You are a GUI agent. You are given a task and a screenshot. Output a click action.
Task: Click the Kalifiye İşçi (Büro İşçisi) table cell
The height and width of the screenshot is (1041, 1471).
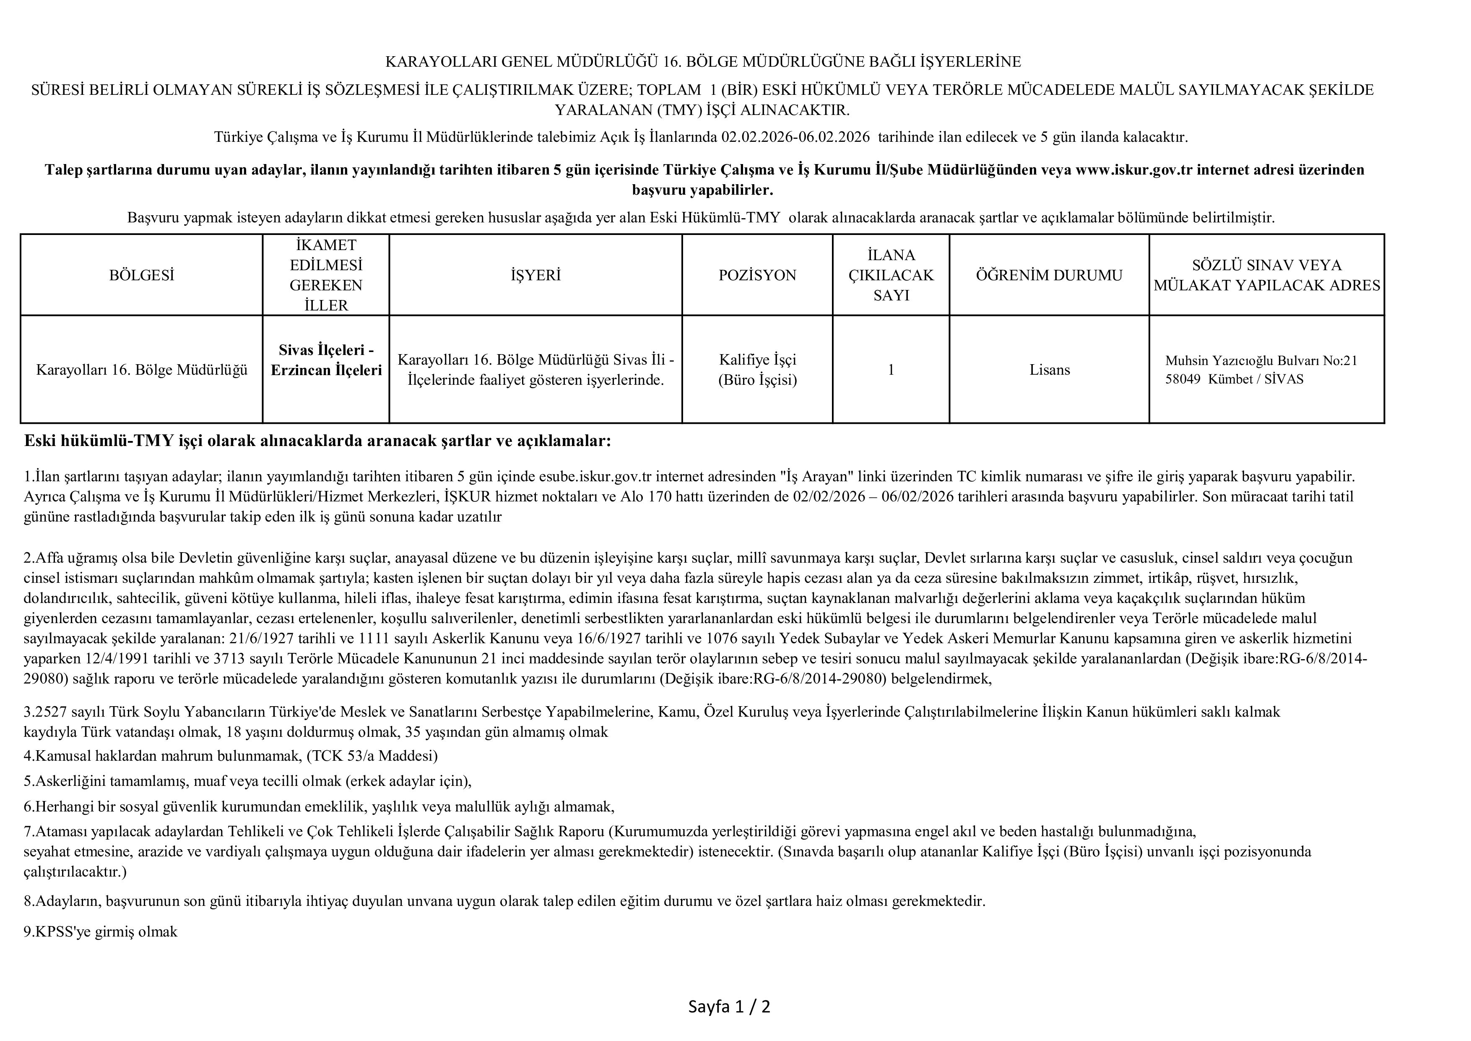tap(757, 370)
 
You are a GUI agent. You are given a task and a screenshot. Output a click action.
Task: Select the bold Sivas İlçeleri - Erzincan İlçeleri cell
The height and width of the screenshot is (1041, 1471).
tap(326, 360)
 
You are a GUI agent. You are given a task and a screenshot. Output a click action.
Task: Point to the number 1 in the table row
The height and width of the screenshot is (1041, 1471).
tap(891, 370)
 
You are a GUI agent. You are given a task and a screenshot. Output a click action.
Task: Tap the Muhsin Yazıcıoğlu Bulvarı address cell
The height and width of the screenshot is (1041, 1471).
tap(1261, 370)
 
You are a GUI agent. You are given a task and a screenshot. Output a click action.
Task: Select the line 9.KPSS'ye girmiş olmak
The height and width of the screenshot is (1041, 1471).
tap(101, 932)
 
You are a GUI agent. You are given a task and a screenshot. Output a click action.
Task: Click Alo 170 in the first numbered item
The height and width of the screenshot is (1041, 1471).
tap(646, 497)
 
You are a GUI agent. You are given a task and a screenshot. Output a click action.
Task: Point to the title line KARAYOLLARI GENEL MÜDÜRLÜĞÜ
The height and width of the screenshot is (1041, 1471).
tap(703, 62)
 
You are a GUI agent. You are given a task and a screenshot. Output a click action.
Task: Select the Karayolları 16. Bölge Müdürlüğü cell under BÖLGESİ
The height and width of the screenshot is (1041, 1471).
tap(142, 370)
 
